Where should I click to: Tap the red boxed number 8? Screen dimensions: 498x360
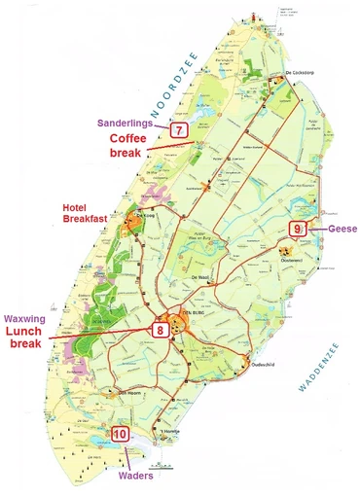pyautogui.click(x=161, y=330)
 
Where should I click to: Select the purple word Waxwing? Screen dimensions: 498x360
pyautogui.click(x=32, y=316)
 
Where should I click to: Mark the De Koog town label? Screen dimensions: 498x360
pyautogui.click(x=145, y=216)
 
